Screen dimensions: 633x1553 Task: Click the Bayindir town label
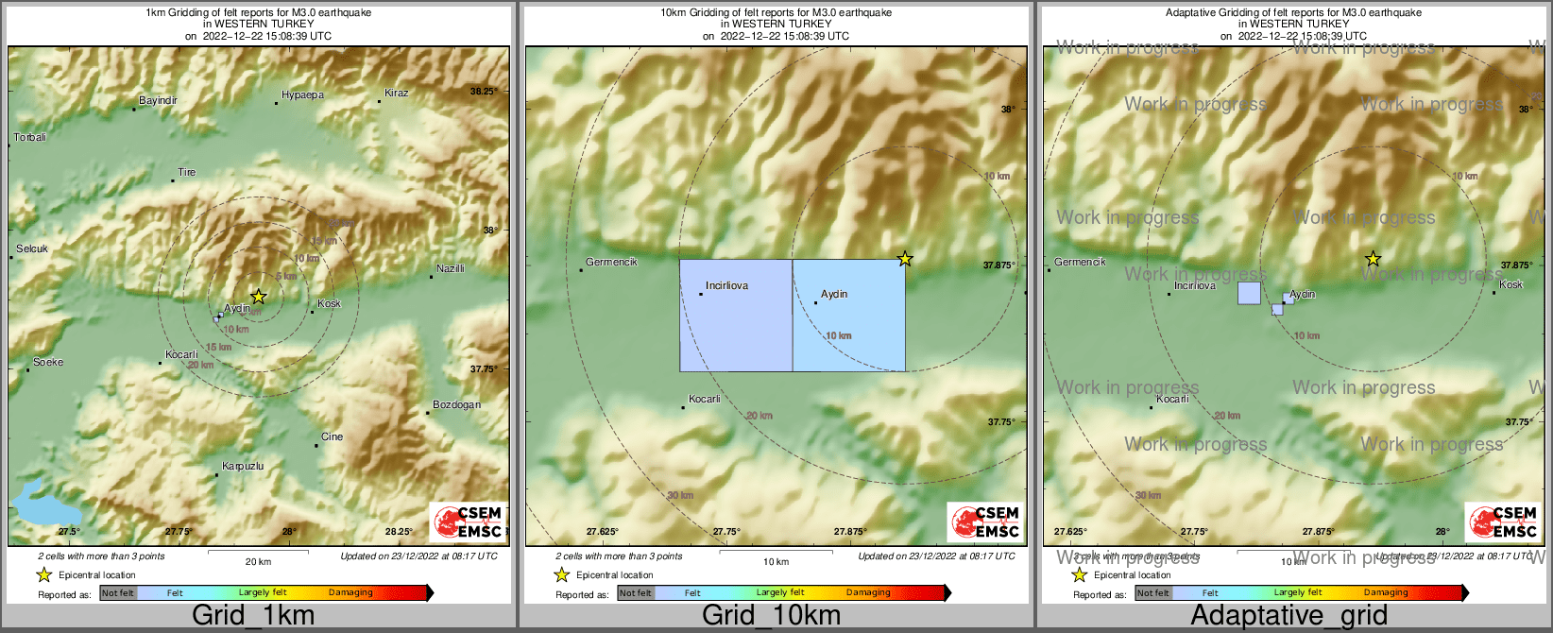158,101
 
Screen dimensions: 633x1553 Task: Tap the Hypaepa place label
302,95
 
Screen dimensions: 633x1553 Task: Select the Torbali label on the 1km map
30,138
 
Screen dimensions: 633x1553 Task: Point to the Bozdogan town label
456,405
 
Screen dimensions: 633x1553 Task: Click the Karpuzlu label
243,467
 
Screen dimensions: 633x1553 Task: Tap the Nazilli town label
451,269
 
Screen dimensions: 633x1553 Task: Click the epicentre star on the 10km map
905,259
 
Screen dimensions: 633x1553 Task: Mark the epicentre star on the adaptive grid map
1373,259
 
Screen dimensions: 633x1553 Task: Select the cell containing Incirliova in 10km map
736,316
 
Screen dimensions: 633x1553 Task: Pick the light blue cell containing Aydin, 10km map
848,316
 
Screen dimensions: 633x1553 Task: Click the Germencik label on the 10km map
611,262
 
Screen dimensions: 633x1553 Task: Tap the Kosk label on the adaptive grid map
1510,284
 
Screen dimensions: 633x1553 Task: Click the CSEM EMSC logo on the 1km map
467,522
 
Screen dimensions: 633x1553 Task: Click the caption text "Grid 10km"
771,616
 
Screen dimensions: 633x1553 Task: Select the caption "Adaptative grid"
1288,616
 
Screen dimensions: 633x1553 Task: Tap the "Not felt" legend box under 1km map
118,593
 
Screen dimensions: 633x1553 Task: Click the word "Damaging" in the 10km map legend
868,593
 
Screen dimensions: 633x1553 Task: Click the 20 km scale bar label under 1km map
258,562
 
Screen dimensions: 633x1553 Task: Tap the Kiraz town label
396,94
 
